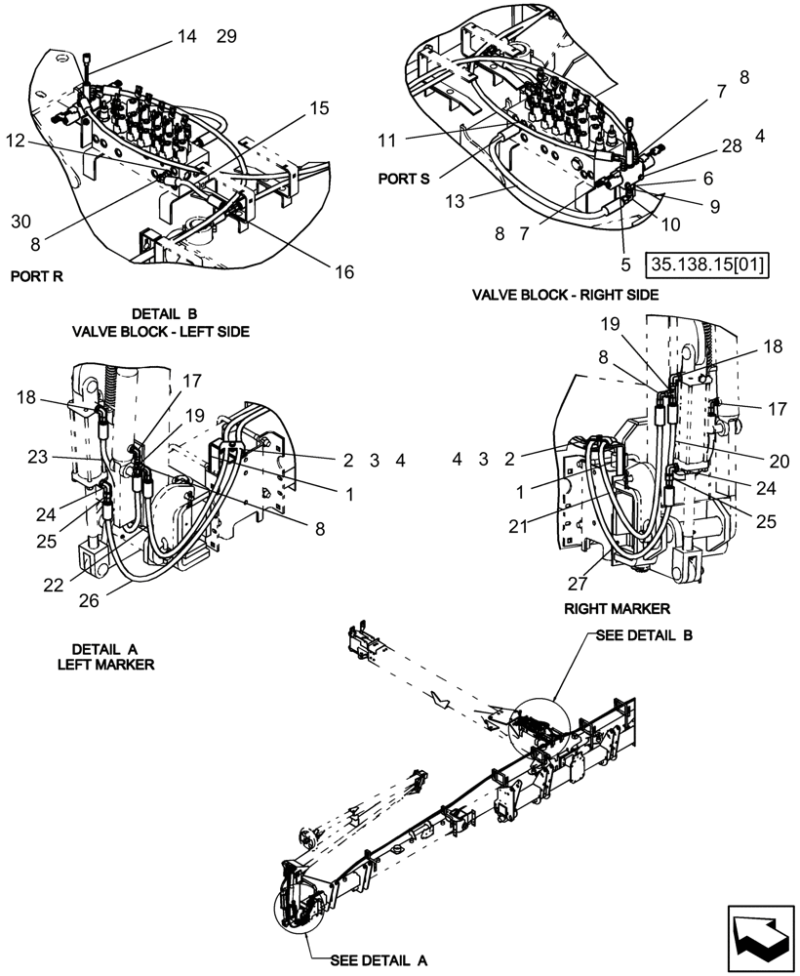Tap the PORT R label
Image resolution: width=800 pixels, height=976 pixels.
click(37, 276)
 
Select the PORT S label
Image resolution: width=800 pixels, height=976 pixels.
click(404, 180)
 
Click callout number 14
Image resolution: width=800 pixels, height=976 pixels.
click(185, 37)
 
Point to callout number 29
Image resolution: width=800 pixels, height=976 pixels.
click(226, 37)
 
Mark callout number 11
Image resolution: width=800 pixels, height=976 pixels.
click(386, 141)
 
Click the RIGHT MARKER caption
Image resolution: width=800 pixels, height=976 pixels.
click(617, 608)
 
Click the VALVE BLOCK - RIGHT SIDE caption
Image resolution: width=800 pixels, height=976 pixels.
click(566, 294)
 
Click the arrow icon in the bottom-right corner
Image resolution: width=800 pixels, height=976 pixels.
click(757, 936)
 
